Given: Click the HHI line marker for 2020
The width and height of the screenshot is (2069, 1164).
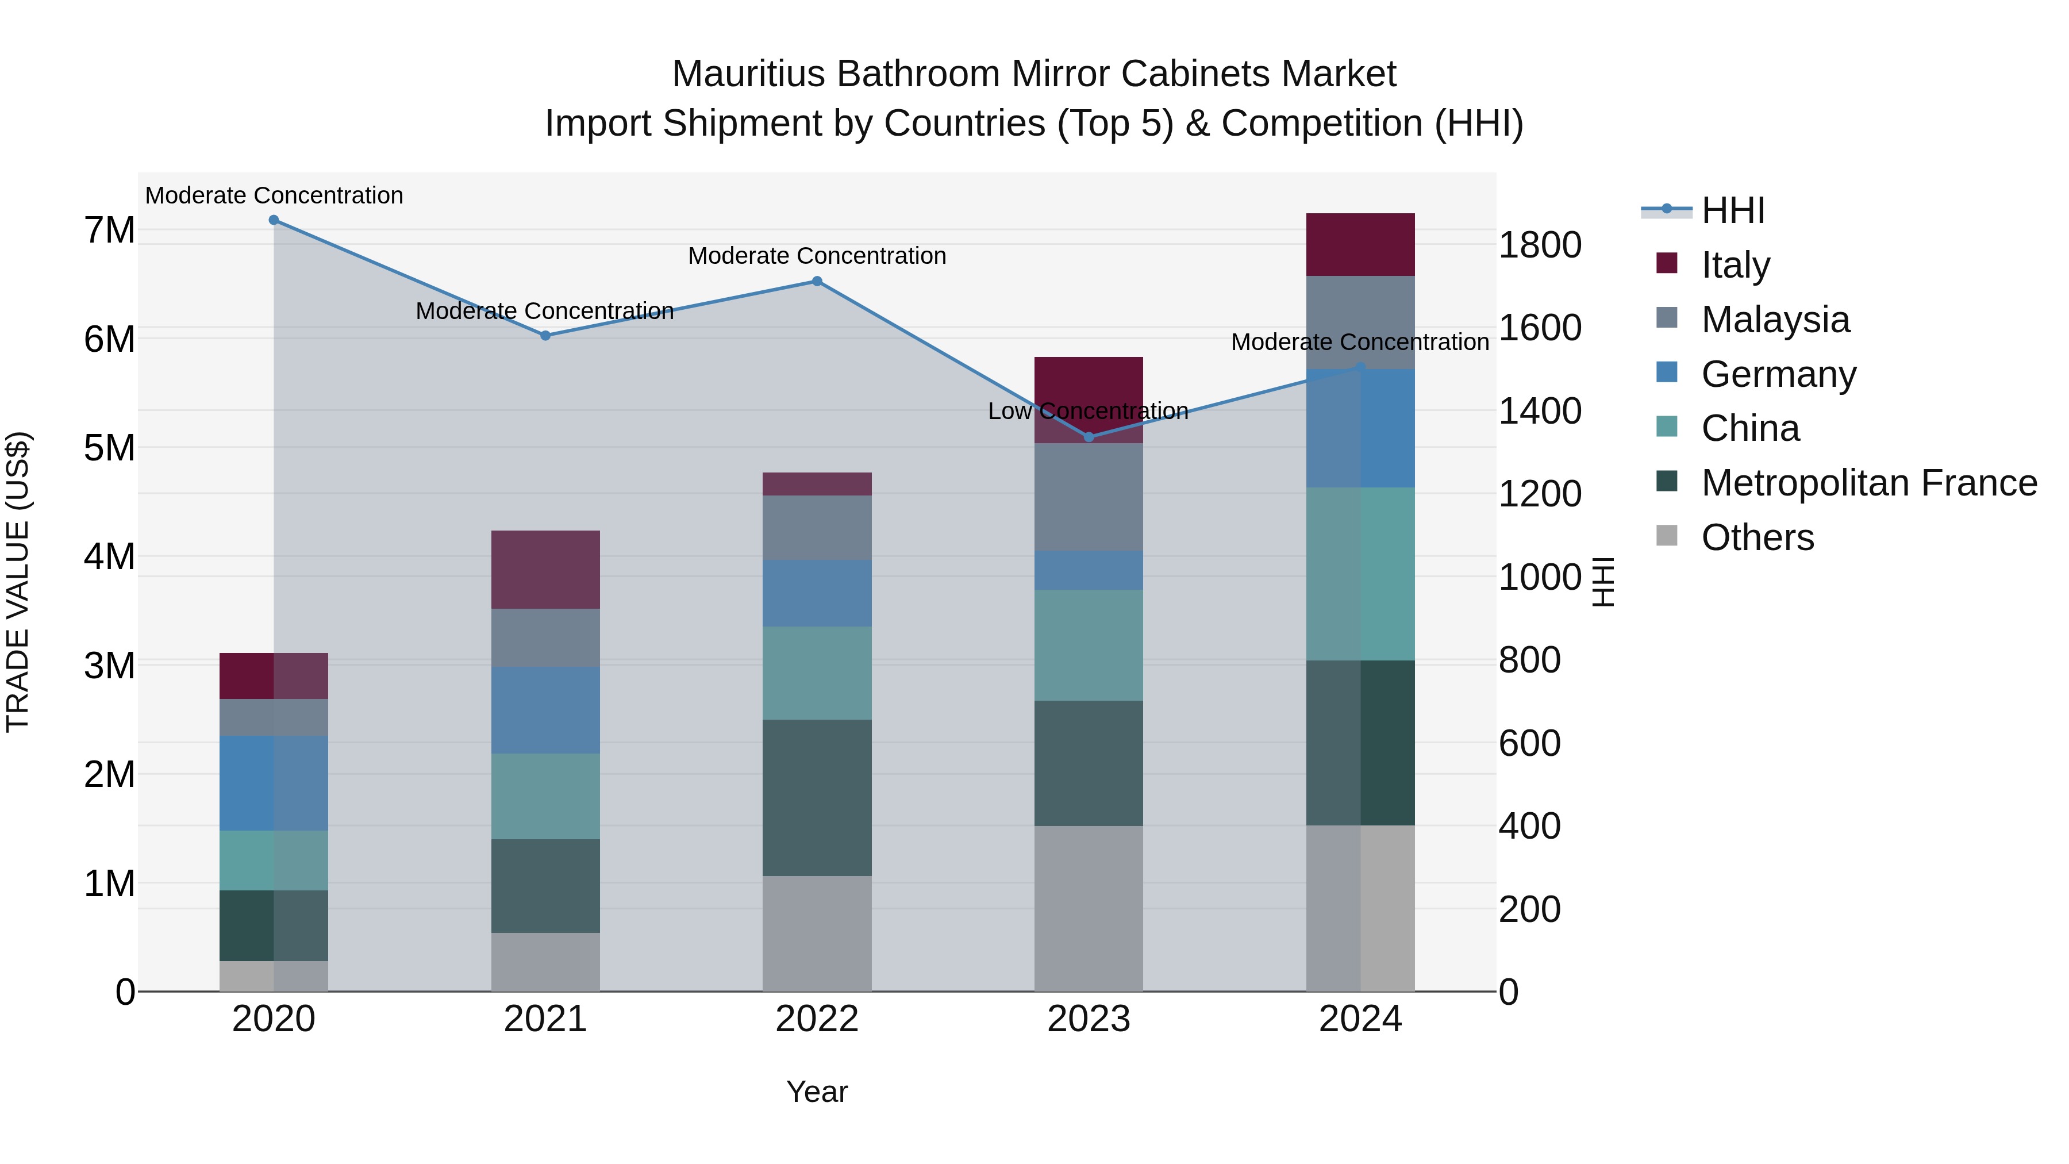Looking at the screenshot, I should click(x=274, y=220).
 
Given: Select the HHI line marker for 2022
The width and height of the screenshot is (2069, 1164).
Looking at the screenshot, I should click(x=817, y=281).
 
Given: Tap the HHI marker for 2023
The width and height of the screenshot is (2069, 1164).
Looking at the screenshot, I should click(x=1089, y=437).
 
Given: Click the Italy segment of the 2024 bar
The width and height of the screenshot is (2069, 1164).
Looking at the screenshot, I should click(x=1360, y=245).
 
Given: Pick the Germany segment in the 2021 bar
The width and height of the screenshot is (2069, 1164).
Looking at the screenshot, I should click(x=545, y=710).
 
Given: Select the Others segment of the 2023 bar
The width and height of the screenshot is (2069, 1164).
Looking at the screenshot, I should click(x=1089, y=909).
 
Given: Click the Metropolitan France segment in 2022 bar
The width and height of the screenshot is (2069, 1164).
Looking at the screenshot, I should click(x=817, y=798).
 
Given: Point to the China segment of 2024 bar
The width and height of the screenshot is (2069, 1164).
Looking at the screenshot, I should click(x=1360, y=574).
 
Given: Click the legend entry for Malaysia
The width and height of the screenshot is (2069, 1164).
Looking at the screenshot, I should click(x=1775, y=320).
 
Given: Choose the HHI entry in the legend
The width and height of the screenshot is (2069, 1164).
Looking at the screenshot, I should click(x=1733, y=210).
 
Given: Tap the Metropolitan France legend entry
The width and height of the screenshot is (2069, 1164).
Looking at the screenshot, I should click(x=1869, y=483).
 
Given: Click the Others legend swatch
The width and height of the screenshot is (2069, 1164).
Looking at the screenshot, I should click(x=1667, y=536).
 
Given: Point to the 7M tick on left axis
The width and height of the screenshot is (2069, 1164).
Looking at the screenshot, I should click(x=109, y=231).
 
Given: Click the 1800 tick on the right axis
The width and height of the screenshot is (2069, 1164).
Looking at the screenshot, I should click(x=1540, y=245).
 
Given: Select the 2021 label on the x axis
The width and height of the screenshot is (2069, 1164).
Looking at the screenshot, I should click(x=545, y=1019).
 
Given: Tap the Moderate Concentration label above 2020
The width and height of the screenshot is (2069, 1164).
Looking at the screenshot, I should click(x=274, y=196).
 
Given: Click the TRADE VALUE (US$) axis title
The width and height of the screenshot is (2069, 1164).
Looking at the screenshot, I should click(x=18, y=582).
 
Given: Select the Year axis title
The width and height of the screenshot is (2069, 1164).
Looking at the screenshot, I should click(x=817, y=1092).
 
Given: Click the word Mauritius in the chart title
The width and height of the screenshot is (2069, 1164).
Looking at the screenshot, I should click(x=748, y=74).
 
